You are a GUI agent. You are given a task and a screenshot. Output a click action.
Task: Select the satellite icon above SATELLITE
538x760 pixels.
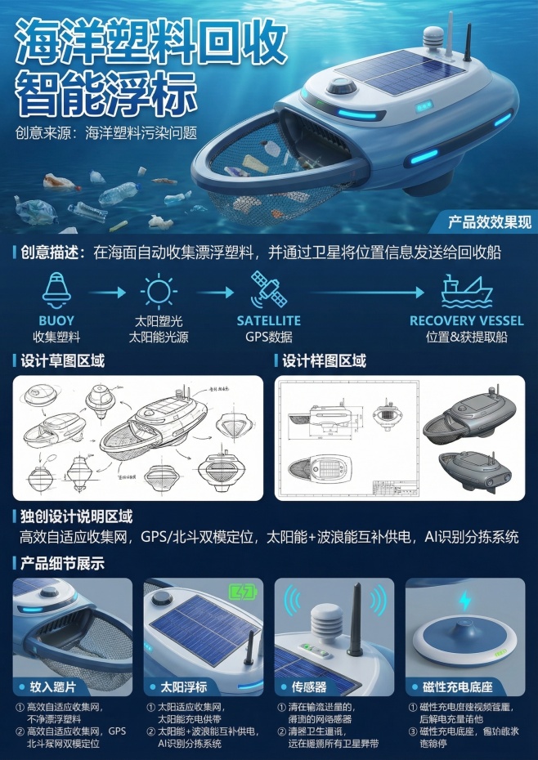267,289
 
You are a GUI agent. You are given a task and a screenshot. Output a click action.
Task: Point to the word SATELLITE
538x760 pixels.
268,321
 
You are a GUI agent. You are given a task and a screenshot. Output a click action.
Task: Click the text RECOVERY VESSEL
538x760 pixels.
461,321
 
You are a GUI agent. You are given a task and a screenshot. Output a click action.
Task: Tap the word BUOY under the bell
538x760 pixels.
56,321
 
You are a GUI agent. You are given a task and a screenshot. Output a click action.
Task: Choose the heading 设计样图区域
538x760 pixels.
324,360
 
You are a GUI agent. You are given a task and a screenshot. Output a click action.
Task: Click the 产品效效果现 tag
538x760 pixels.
490,221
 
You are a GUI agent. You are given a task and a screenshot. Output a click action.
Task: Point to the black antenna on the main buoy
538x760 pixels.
468,42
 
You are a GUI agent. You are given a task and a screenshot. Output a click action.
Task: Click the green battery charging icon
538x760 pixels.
242,592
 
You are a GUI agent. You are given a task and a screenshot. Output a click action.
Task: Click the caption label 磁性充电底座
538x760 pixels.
463,688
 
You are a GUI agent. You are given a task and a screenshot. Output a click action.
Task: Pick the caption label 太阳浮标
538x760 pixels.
178,688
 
